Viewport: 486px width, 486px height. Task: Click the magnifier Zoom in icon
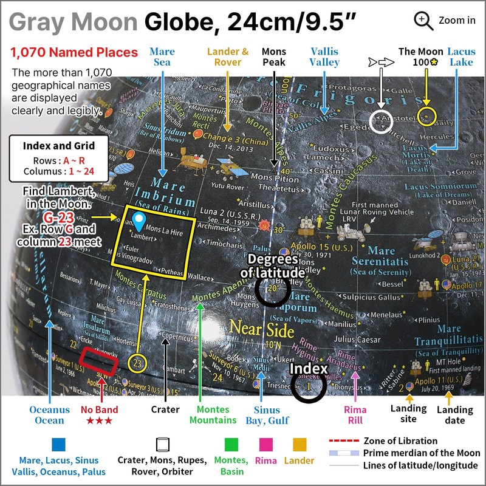point(423,20)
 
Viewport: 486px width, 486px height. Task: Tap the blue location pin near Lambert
point(139,221)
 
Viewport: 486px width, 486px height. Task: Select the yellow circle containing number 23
point(139,363)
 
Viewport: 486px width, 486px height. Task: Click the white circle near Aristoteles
point(382,121)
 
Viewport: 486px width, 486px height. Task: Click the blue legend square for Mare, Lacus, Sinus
point(59,443)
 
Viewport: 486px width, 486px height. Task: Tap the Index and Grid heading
point(59,146)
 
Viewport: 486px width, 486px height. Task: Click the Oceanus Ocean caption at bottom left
point(50,415)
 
